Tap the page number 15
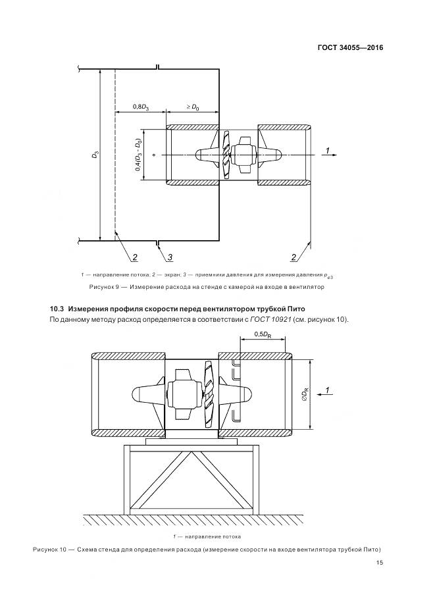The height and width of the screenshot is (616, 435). coord(380,563)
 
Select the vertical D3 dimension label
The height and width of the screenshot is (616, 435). coord(95,155)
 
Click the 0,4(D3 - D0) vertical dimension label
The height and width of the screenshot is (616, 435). coord(138,155)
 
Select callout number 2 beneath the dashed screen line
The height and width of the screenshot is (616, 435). coord(134,257)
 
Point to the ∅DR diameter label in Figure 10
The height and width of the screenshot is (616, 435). coord(305,394)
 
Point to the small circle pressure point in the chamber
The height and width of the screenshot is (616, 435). coord(153,155)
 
